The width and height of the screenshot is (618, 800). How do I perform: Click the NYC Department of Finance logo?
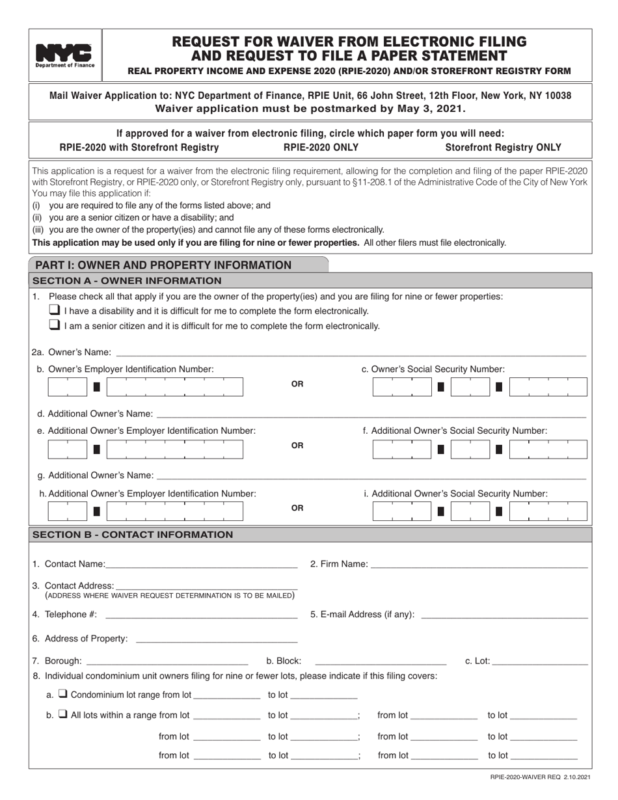pos(64,55)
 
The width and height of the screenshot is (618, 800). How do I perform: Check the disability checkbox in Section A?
pos(56,310)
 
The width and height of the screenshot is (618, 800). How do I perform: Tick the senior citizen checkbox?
pos(56,325)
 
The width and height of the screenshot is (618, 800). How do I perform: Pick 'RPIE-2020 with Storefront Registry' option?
pos(139,148)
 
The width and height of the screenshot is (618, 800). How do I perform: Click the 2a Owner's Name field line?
pos(350,353)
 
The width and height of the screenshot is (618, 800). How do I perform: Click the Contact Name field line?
pos(202,564)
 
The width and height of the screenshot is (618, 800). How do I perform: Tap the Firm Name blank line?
pos(479,564)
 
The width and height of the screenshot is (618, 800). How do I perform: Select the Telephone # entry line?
pos(201,615)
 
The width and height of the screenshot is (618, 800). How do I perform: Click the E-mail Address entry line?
pos(505,615)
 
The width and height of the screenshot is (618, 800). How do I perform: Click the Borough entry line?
pos(167,662)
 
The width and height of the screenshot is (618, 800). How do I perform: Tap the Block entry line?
pos(381,662)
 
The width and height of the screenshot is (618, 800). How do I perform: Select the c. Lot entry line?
pos(541,662)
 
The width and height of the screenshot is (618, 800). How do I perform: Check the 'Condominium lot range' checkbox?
pos(63,694)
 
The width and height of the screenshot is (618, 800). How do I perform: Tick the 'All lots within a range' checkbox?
pos(63,715)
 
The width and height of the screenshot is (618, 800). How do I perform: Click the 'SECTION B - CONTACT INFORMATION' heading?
pos(132,535)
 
